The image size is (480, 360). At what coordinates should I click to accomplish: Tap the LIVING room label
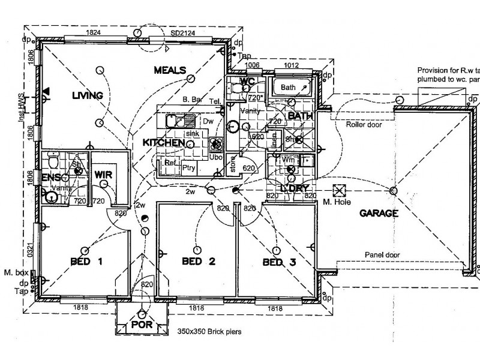pos(87,95)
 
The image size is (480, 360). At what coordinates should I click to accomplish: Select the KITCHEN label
pos(163,143)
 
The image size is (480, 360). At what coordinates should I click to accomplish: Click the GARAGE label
pos(379,213)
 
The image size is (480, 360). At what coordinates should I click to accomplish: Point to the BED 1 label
pos(87,262)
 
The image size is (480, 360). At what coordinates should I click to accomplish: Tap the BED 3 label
pos(280,262)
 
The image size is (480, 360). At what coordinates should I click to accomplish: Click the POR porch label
pos(142,326)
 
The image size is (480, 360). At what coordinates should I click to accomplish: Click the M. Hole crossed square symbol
pos(340,191)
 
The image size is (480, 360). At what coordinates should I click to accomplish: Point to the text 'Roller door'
pos(364,125)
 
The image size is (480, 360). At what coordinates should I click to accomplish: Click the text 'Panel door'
pos(382,254)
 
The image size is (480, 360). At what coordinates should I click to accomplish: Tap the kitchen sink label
pos(192,134)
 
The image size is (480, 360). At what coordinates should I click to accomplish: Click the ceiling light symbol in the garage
pos(393,191)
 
